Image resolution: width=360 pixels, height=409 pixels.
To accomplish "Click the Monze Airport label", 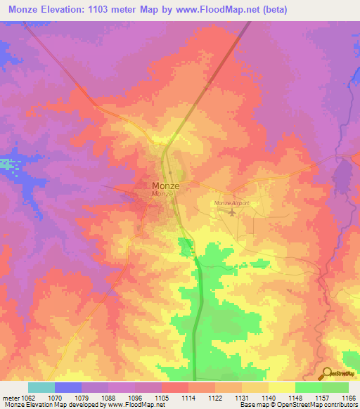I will click(x=232, y=204).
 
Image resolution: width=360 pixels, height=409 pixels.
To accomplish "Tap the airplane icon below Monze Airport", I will click(x=232, y=212).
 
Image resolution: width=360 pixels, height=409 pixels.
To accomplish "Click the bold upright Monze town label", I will click(x=165, y=186).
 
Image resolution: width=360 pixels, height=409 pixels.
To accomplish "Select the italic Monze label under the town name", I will click(x=162, y=193).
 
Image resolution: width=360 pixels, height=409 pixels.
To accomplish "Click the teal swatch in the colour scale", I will click(x=41, y=387).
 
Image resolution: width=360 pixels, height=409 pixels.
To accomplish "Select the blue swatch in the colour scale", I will click(x=67, y=387).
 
